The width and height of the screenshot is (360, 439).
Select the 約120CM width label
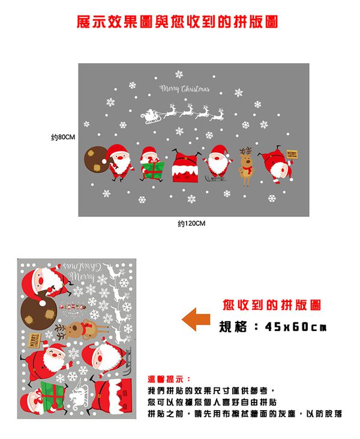pyautogui.click(x=192, y=224)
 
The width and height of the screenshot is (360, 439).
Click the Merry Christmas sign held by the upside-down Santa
pyautogui.click(x=292, y=154)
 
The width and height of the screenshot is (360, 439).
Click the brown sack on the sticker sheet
pyautogui.click(x=37, y=312)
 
